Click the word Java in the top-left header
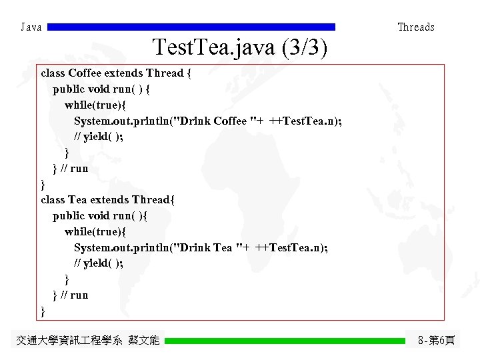[31, 27]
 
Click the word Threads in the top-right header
[415, 27]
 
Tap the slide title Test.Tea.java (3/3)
[239, 48]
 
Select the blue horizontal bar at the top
[192, 27]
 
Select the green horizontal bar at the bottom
[285, 341]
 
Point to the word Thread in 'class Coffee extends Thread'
[165, 73]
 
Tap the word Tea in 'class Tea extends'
[77, 200]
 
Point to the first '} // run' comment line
[70, 169]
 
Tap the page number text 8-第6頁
[436, 341]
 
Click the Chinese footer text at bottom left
[87, 341]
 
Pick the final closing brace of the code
[43, 311]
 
